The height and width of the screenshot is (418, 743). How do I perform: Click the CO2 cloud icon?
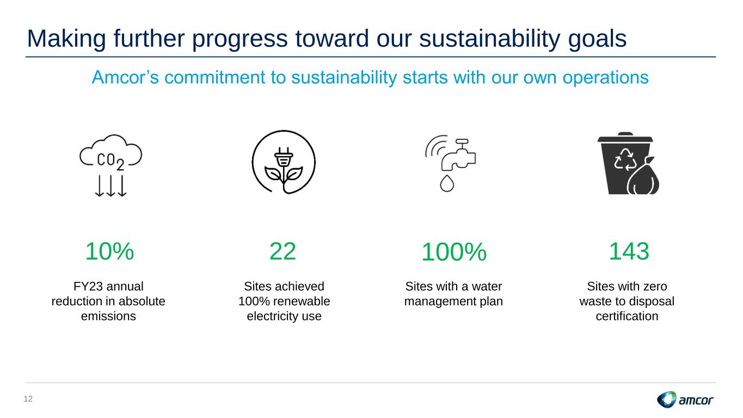(x=111, y=165)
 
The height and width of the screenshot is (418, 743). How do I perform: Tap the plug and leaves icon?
(x=284, y=162)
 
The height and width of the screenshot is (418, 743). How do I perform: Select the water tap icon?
(x=451, y=163)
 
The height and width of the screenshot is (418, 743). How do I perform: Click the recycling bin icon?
(x=628, y=163)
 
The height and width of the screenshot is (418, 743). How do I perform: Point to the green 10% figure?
(x=110, y=251)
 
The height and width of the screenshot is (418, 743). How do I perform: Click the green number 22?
(x=283, y=251)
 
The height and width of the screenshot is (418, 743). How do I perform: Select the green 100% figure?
(x=454, y=252)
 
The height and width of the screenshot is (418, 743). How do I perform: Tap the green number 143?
(x=629, y=251)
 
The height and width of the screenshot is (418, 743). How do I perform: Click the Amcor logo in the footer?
(x=685, y=399)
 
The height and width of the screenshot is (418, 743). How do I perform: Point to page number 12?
(x=28, y=399)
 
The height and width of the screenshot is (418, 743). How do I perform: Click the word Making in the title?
(x=66, y=39)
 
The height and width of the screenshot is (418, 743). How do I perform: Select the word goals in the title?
(x=597, y=39)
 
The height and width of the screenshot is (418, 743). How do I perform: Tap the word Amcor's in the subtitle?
(x=125, y=77)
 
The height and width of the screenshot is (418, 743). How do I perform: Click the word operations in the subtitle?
(x=605, y=78)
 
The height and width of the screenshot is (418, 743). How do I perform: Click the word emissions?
(x=108, y=316)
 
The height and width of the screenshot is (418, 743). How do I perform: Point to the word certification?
(x=627, y=316)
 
